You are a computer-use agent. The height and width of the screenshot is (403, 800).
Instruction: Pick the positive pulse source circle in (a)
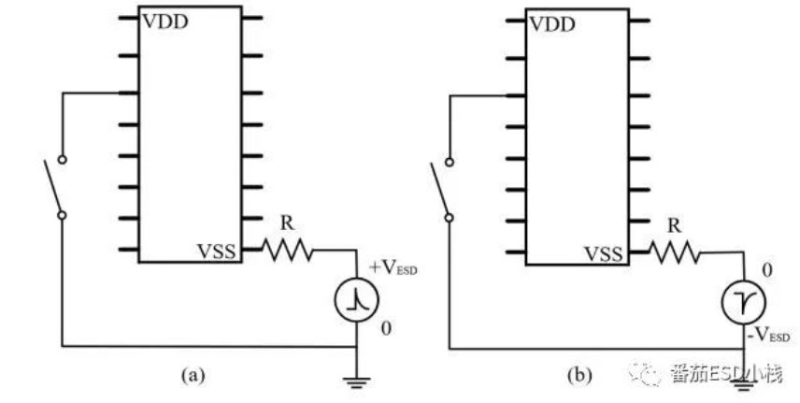(x=355, y=298)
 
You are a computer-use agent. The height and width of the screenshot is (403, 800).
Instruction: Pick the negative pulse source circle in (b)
(x=743, y=301)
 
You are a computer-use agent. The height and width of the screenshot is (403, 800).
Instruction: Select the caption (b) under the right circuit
(x=579, y=376)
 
